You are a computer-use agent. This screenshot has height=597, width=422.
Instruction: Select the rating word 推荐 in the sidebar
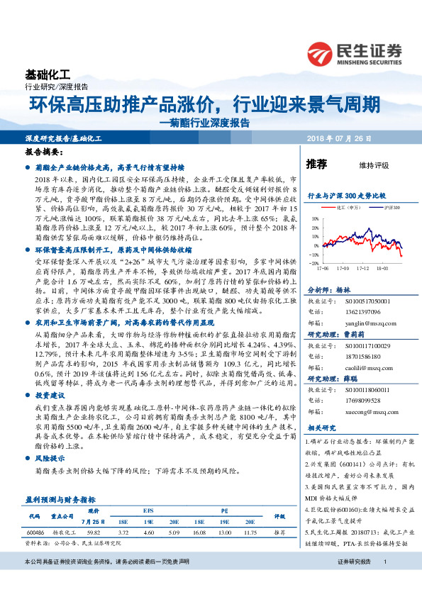316,164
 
